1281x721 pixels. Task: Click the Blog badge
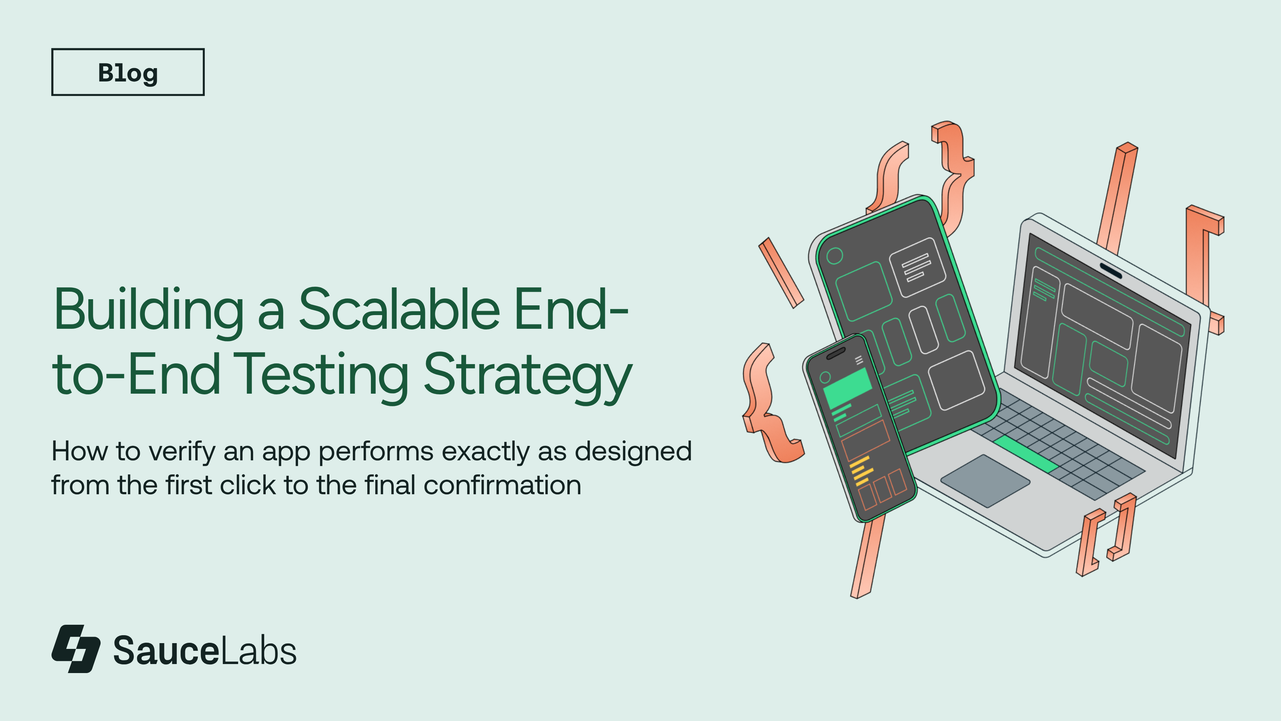tap(128, 72)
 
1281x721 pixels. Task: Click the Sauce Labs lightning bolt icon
tap(76, 649)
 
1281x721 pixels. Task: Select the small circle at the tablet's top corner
tap(834, 256)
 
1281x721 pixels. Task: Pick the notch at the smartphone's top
tap(836, 353)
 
